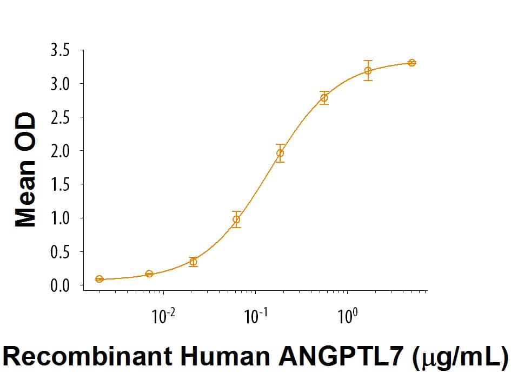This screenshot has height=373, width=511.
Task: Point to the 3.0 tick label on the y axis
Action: pyautogui.click(x=59, y=84)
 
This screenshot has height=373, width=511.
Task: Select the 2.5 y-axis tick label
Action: pyautogui.click(x=59, y=117)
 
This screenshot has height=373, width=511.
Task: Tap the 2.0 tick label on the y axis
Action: pyautogui.click(x=59, y=151)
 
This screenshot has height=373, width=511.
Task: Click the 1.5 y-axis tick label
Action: pyautogui.click(x=59, y=184)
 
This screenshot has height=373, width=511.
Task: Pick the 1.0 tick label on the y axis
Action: pyautogui.click(x=59, y=218)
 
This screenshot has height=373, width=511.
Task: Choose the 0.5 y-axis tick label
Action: pyautogui.click(x=59, y=251)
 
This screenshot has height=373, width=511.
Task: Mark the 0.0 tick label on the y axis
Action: pyautogui.click(x=59, y=285)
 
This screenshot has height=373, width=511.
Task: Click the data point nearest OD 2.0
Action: pyautogui.click(x=280, y=153)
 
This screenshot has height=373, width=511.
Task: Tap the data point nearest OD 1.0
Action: pyautogui.click(x=236, y=219)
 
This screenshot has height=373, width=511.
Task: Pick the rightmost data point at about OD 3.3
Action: pyautogui.click(x=412, y=63)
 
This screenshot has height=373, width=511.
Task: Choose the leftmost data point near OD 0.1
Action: pyautogui.click(x=99, y=279)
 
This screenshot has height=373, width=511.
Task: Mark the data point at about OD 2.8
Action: pyautogui.click(x=324, y=98)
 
